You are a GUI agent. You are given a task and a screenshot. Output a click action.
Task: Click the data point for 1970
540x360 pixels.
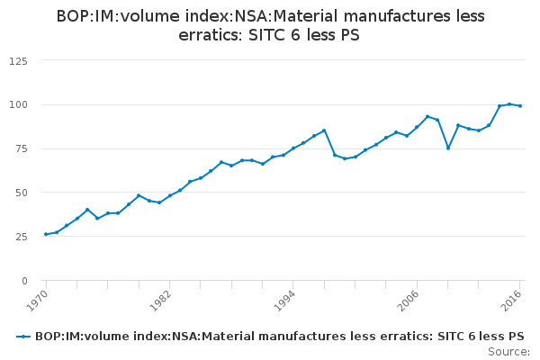[46, 234]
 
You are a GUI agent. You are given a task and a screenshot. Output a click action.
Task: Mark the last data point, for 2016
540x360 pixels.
[520, 106]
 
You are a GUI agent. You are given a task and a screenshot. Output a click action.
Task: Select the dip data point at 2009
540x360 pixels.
[448, 148]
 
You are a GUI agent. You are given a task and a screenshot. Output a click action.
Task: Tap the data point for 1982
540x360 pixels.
[169, 195]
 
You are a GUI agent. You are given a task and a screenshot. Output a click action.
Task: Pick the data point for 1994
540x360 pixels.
[293, 148]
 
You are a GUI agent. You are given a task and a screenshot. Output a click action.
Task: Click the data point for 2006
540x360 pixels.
[417, 127]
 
